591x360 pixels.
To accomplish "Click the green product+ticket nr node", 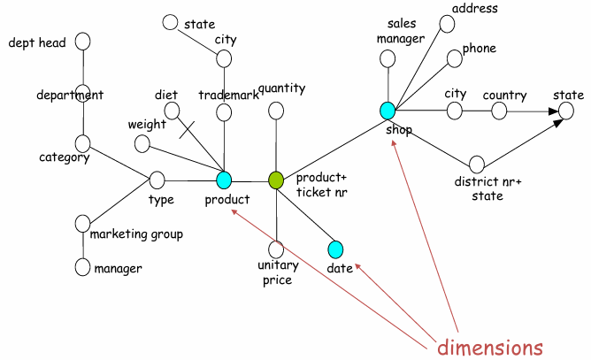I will pos(276,180).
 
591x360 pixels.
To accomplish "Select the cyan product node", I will pos(224,180).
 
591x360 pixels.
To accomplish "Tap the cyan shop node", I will pos(387,111).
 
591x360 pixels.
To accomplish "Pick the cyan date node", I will pos(335,249).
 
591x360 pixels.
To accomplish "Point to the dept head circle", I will pos(84,42).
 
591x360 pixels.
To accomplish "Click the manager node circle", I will pos(83,266).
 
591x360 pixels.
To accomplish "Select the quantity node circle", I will pos(276,111).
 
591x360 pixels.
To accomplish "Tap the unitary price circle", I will pos(276,249).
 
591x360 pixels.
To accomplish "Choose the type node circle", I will pos(157,180).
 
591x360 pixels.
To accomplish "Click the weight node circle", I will pos(142,143).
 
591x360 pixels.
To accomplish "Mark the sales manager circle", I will pos(387,59).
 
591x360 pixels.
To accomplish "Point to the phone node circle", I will pos(455,59).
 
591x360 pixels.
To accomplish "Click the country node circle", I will pos(499,111).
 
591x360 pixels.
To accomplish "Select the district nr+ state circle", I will pos(477,164).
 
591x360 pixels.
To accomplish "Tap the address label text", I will pos(475,9).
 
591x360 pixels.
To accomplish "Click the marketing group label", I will pos(137,234).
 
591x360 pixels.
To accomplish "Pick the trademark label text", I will pos(228,96).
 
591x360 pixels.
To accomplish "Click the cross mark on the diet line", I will pos(187,129).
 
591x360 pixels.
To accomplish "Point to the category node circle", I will pos(83,142).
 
